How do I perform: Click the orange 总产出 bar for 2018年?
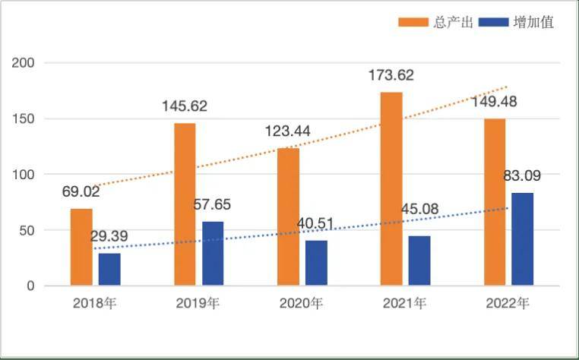pos(81,247)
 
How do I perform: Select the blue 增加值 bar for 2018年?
pos(109,270)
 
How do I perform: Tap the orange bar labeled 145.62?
pos(185,204)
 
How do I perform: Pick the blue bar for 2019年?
pos(213,254)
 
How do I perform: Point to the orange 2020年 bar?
pos(288,216)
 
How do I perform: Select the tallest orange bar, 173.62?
pos(391,189)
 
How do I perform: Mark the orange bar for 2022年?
pos(495,202)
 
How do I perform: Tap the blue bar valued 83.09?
pos(523,239)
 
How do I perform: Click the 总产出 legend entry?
pos(437,22)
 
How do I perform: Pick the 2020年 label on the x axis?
pos(301,304)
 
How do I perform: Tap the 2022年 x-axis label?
pos(508,304)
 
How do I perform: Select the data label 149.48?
pos(494,102)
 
